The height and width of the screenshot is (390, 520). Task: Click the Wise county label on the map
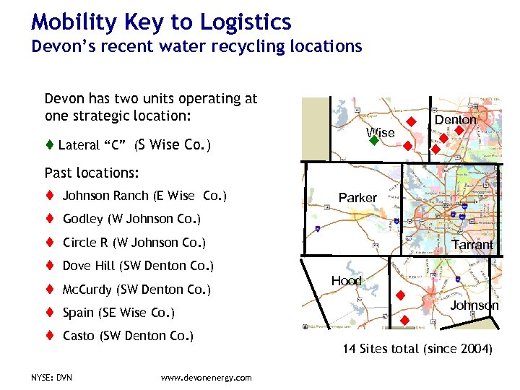(x=380, y=132)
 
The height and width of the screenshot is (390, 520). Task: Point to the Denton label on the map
(x=455, y=119)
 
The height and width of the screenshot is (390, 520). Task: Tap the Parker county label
(x=357, y=197)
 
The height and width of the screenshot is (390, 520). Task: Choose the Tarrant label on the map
(x=473, y=245)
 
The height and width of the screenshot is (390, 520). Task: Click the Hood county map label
(x=346, y=281)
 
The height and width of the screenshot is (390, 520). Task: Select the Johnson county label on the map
(x=474, y=305)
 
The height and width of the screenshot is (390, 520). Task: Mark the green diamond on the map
(x=373, y=142)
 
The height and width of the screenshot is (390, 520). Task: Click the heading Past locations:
(x=92, y=173)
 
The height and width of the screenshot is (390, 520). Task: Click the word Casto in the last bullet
(x=79, y=336)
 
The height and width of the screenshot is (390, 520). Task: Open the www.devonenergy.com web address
(x=206, y=378)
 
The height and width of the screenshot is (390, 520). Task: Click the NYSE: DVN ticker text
(x=52, y=378)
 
